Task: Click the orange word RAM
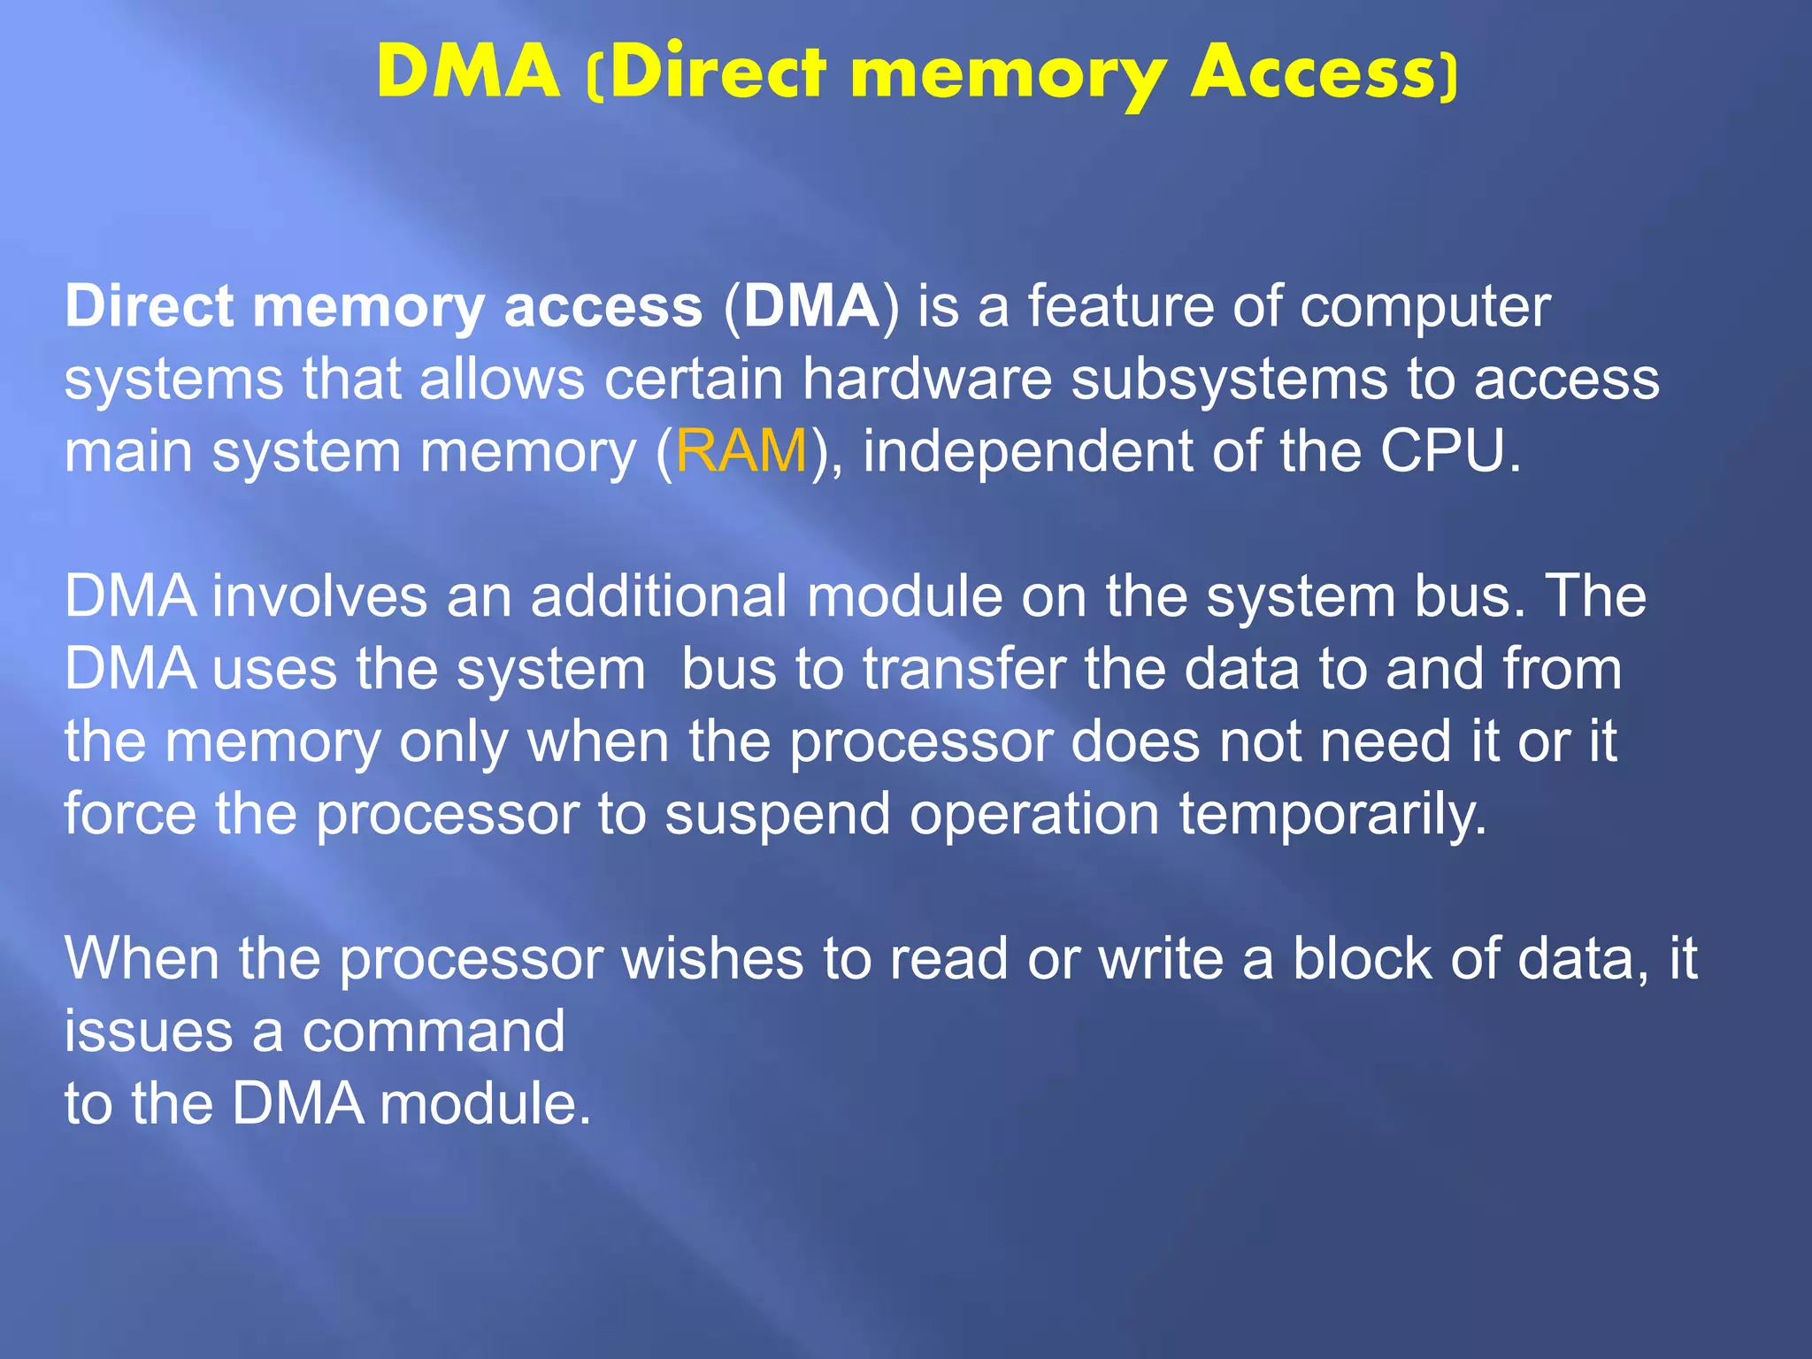[741, 451]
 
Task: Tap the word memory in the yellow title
[1008, 75]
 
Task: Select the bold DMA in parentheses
[810, 307]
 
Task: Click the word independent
[1026, 451]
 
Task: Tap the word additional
[658, 596]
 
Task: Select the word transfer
[964, 669]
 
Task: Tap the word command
[434, 1033]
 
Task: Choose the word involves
[320, 596]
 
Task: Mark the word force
[130, 814]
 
